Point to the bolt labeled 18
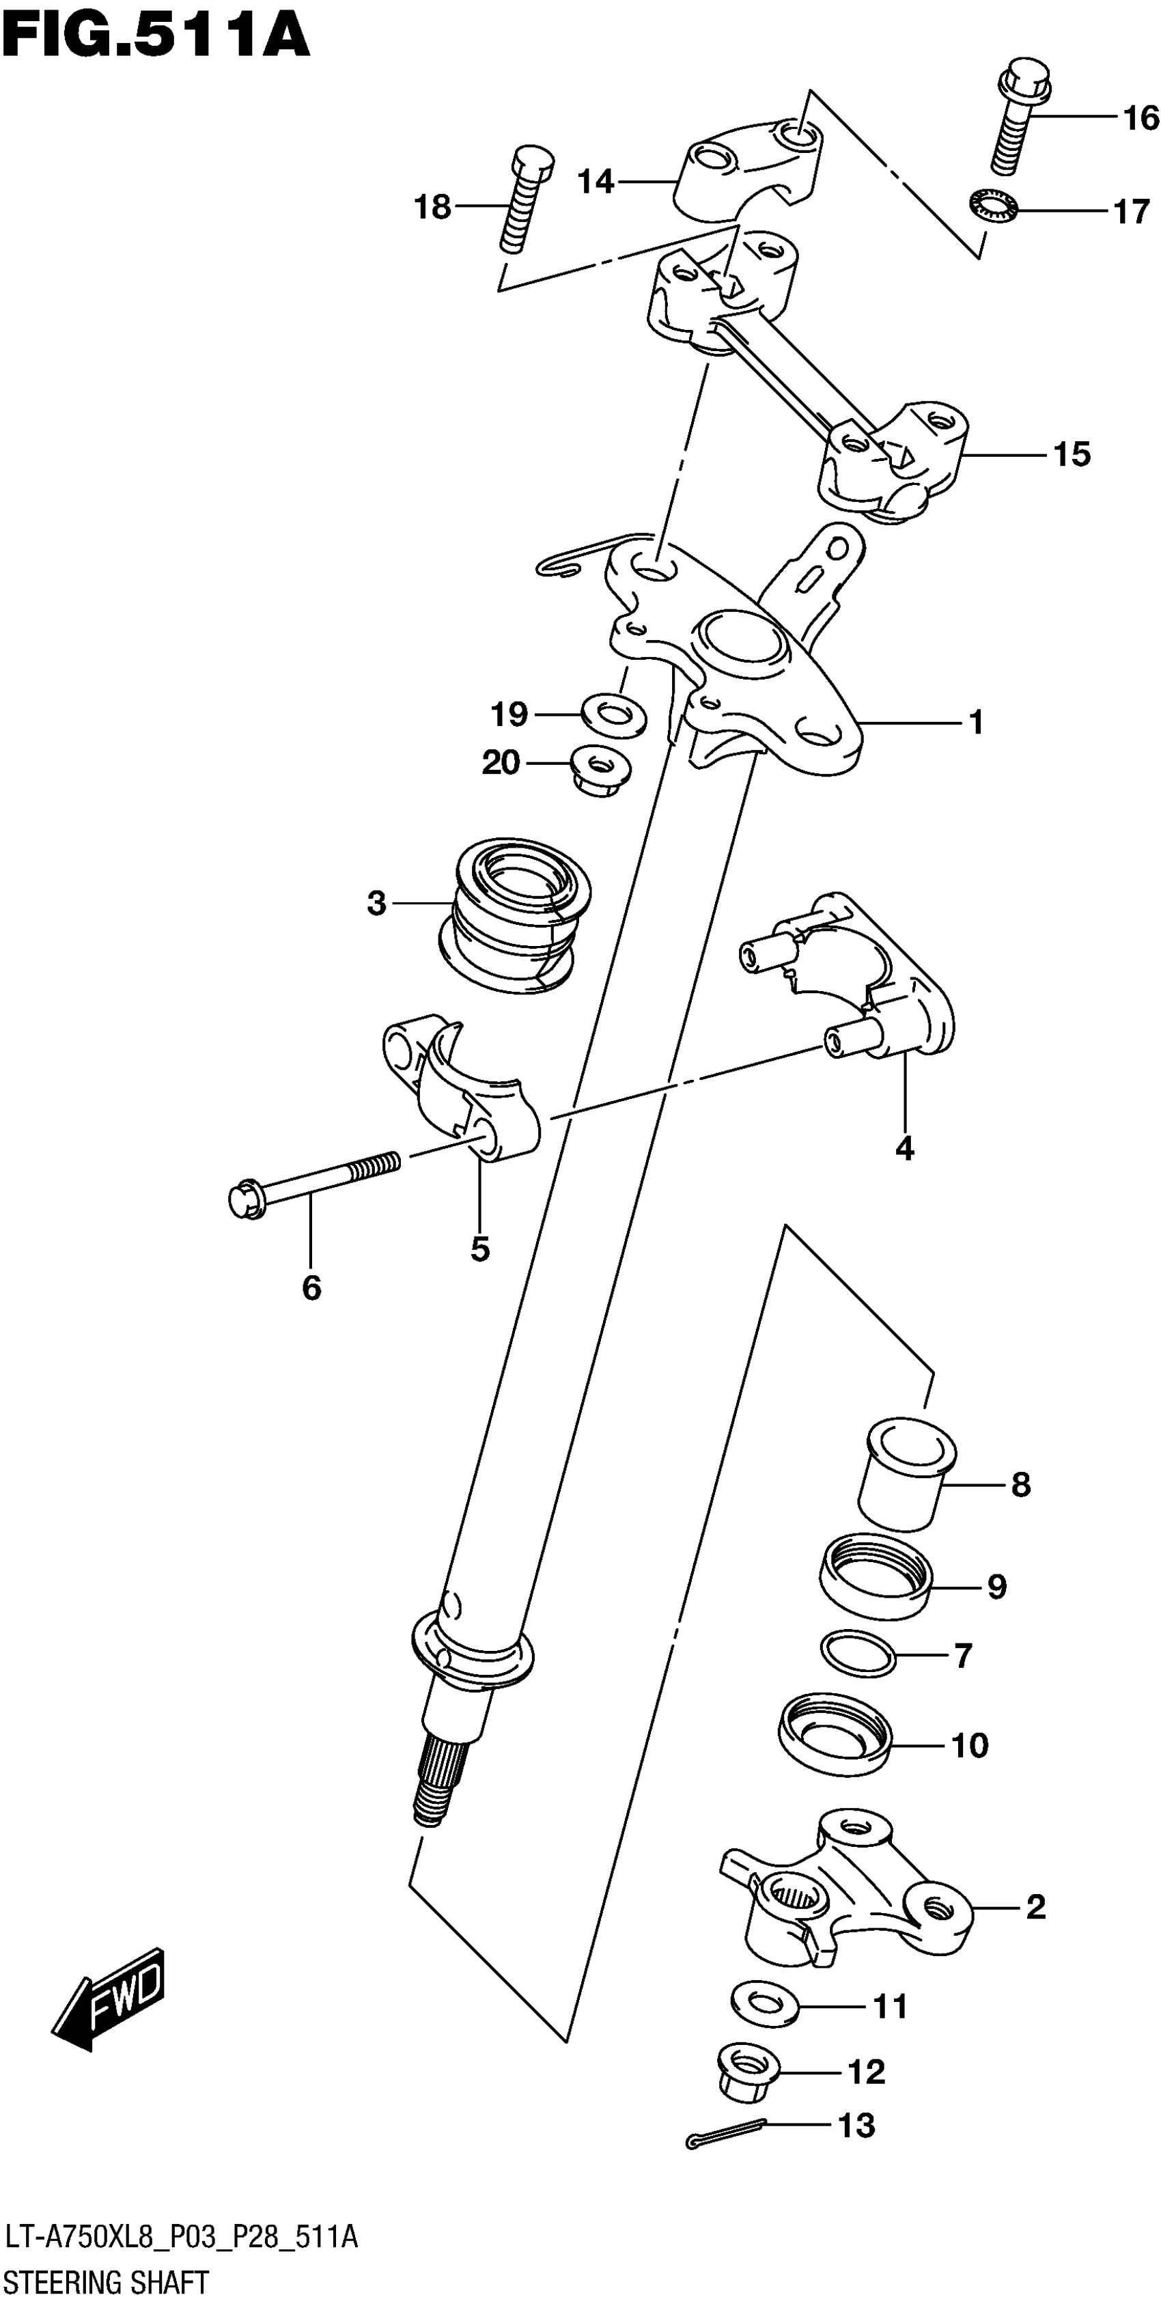coord(522,201)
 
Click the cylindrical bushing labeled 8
coord(906,1473)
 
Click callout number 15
coord(1072,455)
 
